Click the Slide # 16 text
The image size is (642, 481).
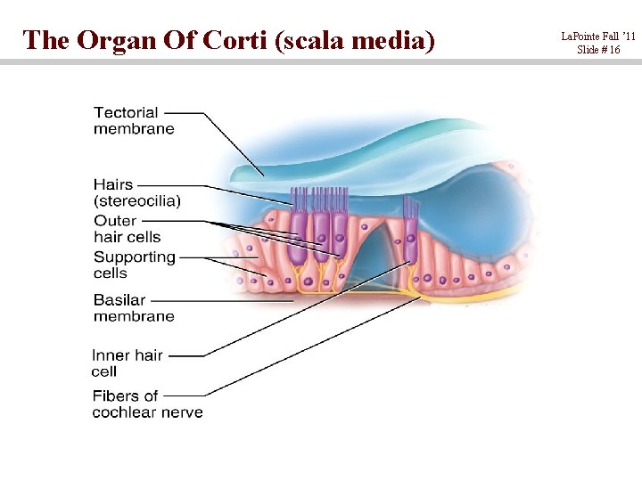[598, 50]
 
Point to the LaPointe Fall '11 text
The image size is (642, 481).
[598, 37]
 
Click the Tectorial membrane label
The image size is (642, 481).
[134, 120]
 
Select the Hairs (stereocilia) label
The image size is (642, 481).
[136, 192]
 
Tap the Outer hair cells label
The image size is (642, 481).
[127, 228]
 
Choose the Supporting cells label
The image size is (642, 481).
[134, 265]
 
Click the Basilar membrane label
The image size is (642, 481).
[134, 308]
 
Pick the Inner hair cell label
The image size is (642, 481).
[127, 363]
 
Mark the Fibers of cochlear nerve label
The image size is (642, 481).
[147, 404]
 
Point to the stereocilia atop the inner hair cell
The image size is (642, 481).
[410, 208]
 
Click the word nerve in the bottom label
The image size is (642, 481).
[184, 412]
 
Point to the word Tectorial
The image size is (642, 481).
[126, 112]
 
